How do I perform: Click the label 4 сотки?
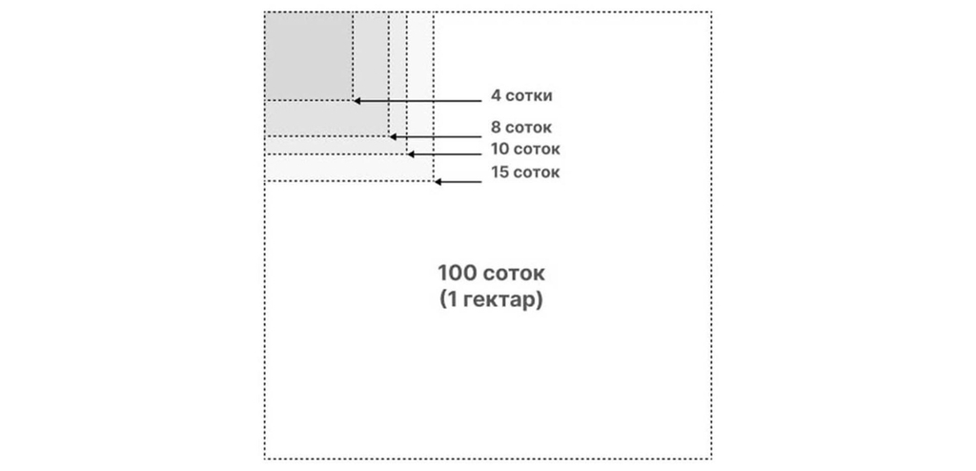tap(521, 96)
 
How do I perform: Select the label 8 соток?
tap(521, 128)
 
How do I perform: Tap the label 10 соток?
tap(525, 150)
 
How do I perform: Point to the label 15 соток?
tap(525, 173)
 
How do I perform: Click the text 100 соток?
tap(492, 274)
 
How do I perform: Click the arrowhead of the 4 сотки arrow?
tap(356, 100)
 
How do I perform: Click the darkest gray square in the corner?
tap(308, 55)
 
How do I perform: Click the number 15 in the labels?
tap(499, 173)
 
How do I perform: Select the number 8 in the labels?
tap(496, 128)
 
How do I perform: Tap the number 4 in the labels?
tap(496, 96)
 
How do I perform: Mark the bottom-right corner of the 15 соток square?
tap(433, 181)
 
